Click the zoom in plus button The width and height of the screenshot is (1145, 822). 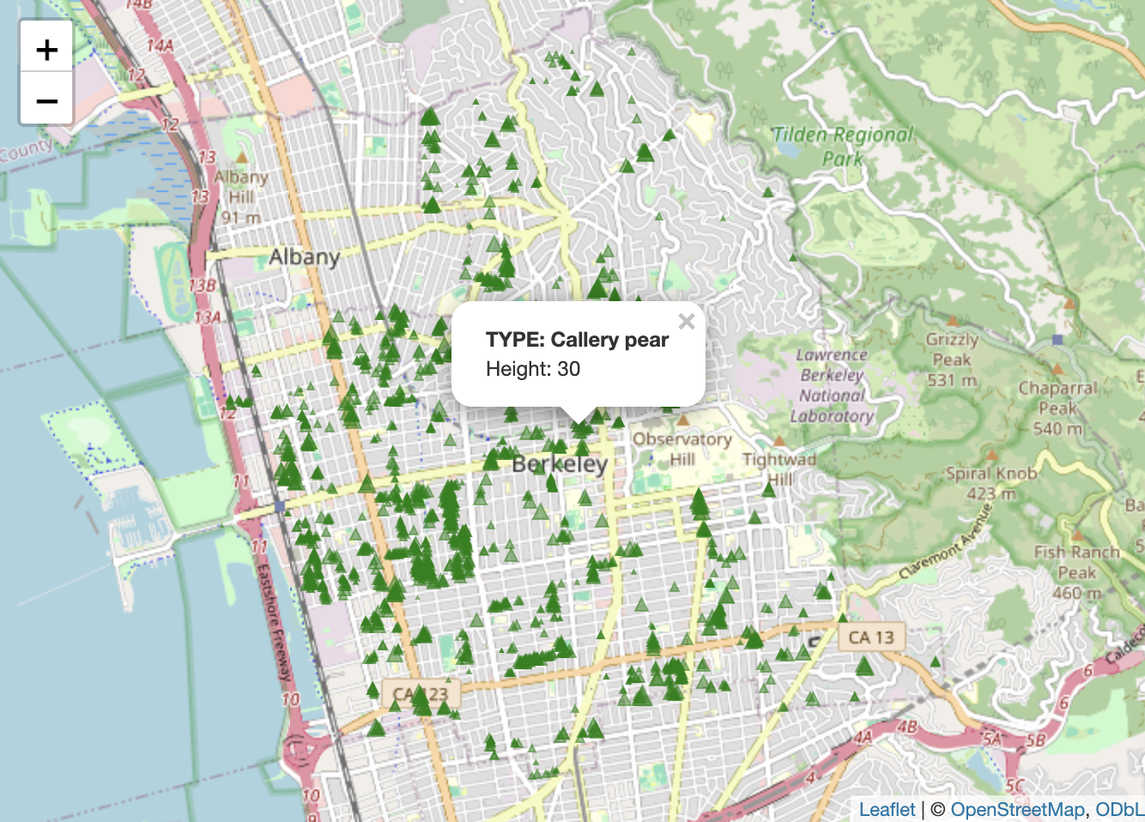(47, 50)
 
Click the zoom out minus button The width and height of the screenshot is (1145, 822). (47, 100)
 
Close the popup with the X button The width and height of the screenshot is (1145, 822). (686, 322)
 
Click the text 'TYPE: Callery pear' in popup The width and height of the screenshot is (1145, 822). (577, 340)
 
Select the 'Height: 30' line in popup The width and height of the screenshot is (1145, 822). (533, 369)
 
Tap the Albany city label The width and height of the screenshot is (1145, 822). (304, 257)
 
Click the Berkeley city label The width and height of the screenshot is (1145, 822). (560, 464)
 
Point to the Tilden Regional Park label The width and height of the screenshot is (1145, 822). (842, 146)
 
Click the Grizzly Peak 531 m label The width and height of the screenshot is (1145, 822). (952, 359)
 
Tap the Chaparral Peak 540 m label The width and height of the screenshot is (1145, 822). (1057, 408)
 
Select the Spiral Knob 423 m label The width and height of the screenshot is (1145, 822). (991, 482)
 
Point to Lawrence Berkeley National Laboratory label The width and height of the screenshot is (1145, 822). (833, 385)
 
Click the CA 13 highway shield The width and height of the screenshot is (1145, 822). (870, 638)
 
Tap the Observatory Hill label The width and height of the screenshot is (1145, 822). (682, 448)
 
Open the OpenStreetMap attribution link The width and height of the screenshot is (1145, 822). (1017, 809)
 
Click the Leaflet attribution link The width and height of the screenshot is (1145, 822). (887, 809)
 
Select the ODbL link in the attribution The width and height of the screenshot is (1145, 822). (1119, 809)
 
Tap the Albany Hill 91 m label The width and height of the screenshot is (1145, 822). (241, 196)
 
